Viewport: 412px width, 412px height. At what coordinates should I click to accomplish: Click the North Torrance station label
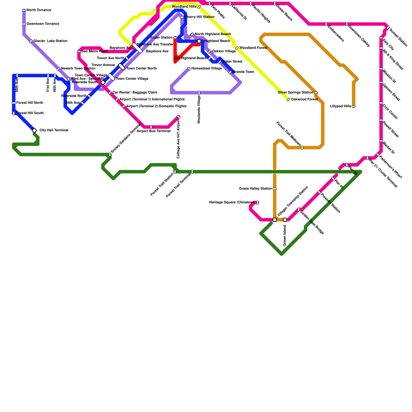(x=39, y=10)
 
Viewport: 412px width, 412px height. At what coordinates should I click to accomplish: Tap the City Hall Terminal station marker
(x=35, y=131)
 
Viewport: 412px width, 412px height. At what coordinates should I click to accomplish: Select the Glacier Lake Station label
(x=50, y=41)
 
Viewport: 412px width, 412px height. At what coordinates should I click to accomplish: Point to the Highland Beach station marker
(x=199, y=41)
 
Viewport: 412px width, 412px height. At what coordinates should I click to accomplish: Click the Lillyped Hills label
(x=340, y=106)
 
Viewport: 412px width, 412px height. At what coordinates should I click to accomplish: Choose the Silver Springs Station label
(x=295, y=92)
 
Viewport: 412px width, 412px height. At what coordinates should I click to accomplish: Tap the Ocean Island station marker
(x=285, y=220)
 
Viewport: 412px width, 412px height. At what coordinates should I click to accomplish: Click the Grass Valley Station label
(x=255, y=189)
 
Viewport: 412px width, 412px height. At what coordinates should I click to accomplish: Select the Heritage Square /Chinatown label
(x=232, y=202)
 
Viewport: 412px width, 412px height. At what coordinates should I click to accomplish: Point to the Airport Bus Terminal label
(x=153, y=131)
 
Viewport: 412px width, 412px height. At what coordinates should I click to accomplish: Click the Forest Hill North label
(x=30, y=103)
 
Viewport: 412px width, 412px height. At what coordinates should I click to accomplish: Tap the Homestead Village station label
(x=207, y=68)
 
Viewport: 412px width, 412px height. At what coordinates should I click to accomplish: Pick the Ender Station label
(x=161, y=38)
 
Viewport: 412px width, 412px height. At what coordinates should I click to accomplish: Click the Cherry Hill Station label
(x=199, y=17)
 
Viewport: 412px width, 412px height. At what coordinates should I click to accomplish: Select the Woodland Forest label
(x=253, y=48)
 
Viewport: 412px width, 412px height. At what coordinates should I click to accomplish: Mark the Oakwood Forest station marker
(x=288, y=100)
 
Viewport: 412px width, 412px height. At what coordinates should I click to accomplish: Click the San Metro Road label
(x=95, y=51)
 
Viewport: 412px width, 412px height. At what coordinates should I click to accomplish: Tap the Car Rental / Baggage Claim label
(x=135, y=92)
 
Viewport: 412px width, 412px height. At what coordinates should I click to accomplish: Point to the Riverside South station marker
(x=103, y=82)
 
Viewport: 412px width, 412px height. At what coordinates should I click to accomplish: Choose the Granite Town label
(x=243, y=72)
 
